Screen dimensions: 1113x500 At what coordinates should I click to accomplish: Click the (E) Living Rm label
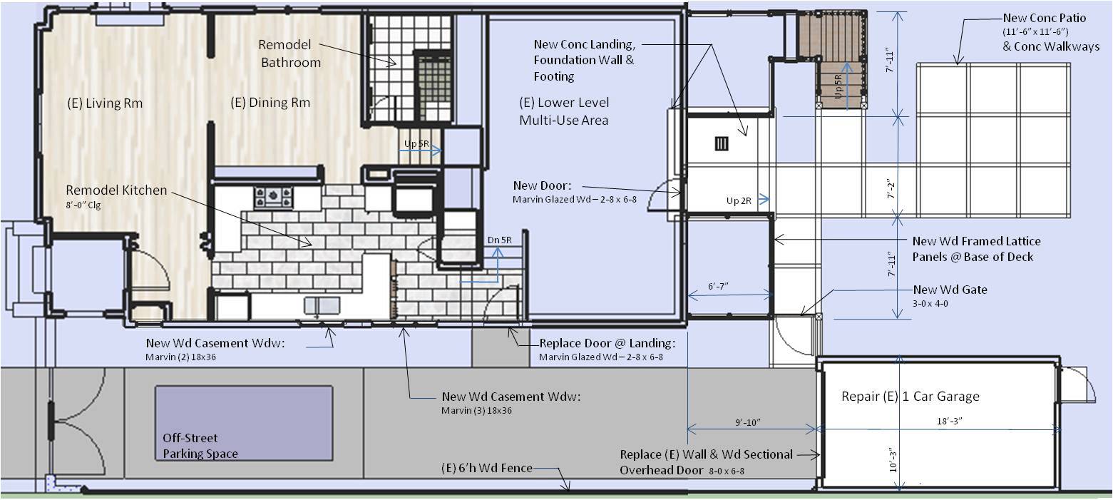[x=105, y=103]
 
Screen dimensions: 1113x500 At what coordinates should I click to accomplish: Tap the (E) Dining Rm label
[x=270, y=103]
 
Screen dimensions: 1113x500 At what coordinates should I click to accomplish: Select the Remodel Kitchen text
[x=116, y=190]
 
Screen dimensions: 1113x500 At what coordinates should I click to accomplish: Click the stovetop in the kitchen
[x=273, y=197]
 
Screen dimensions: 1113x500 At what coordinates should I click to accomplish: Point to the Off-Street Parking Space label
[x=200, y=446]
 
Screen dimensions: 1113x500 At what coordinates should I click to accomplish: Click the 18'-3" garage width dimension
[x=950, y=421]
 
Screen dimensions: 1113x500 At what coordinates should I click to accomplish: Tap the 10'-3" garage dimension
[x=893, y=461]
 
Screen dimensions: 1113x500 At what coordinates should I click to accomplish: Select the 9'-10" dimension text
[x=748, y=422]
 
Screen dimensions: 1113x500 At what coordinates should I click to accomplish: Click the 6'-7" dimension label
[x=718, y=286]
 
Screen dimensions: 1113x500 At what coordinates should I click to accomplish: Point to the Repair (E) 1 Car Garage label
[x=911, y=396]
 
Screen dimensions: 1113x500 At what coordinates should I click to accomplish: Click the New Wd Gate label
[x=950, y=290]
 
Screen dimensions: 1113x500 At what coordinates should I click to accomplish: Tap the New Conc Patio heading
[x=1045, y=18]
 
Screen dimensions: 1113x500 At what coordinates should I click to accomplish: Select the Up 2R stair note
[x=739, y=201]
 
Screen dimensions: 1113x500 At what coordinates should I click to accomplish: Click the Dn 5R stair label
[x=499, y=240]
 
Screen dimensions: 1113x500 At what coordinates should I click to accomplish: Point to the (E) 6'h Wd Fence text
[x=487, y=468]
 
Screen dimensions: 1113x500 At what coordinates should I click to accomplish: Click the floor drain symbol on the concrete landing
[x=722, y=144]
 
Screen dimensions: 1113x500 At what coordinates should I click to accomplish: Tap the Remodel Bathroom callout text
[x=290, y=53]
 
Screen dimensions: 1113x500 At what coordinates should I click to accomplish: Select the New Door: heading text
[x=542, y=185]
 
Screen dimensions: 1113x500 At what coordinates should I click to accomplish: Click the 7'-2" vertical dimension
[x=891, y=189]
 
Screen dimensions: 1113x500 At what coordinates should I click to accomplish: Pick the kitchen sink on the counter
[x=322, y=305]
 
